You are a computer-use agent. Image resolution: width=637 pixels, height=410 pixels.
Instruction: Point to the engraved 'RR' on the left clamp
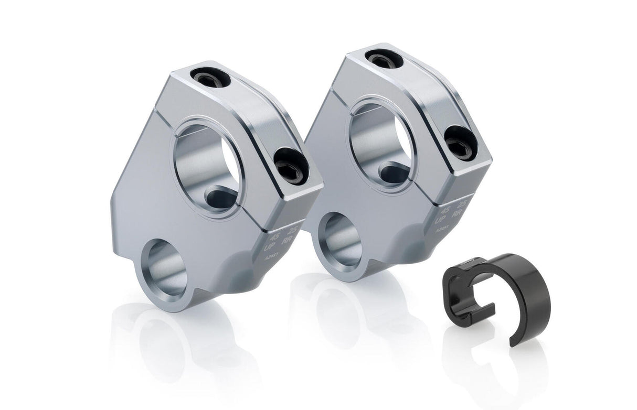(288, 240)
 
